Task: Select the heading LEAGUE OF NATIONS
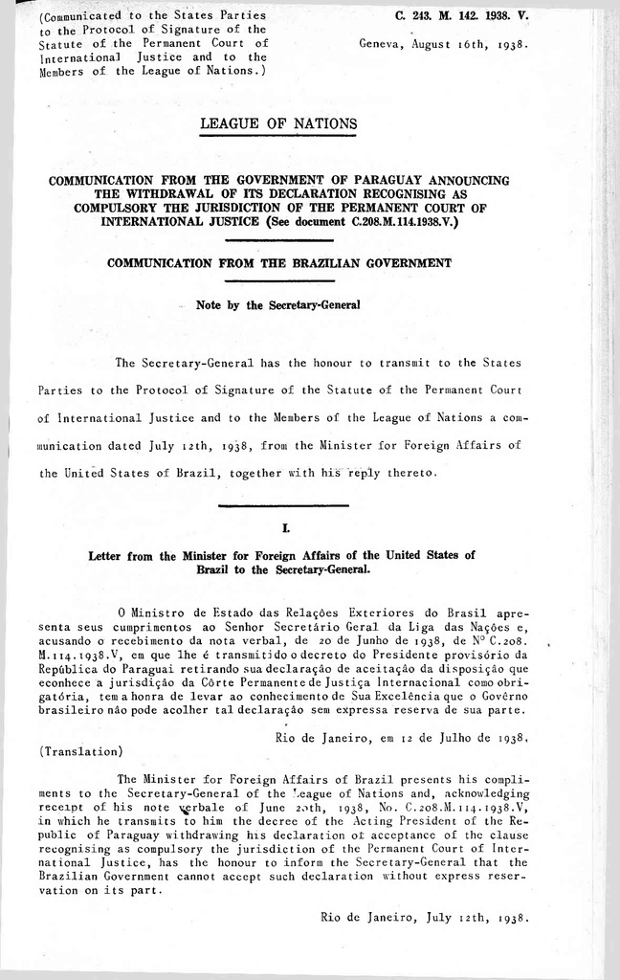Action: [278, 123]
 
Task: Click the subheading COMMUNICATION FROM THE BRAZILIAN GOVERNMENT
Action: [278, 261]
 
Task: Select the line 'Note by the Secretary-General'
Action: [277, 306]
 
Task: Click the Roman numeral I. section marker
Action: [276, 527]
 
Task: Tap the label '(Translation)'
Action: [80, 750]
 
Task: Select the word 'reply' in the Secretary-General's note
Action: [364, 472]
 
